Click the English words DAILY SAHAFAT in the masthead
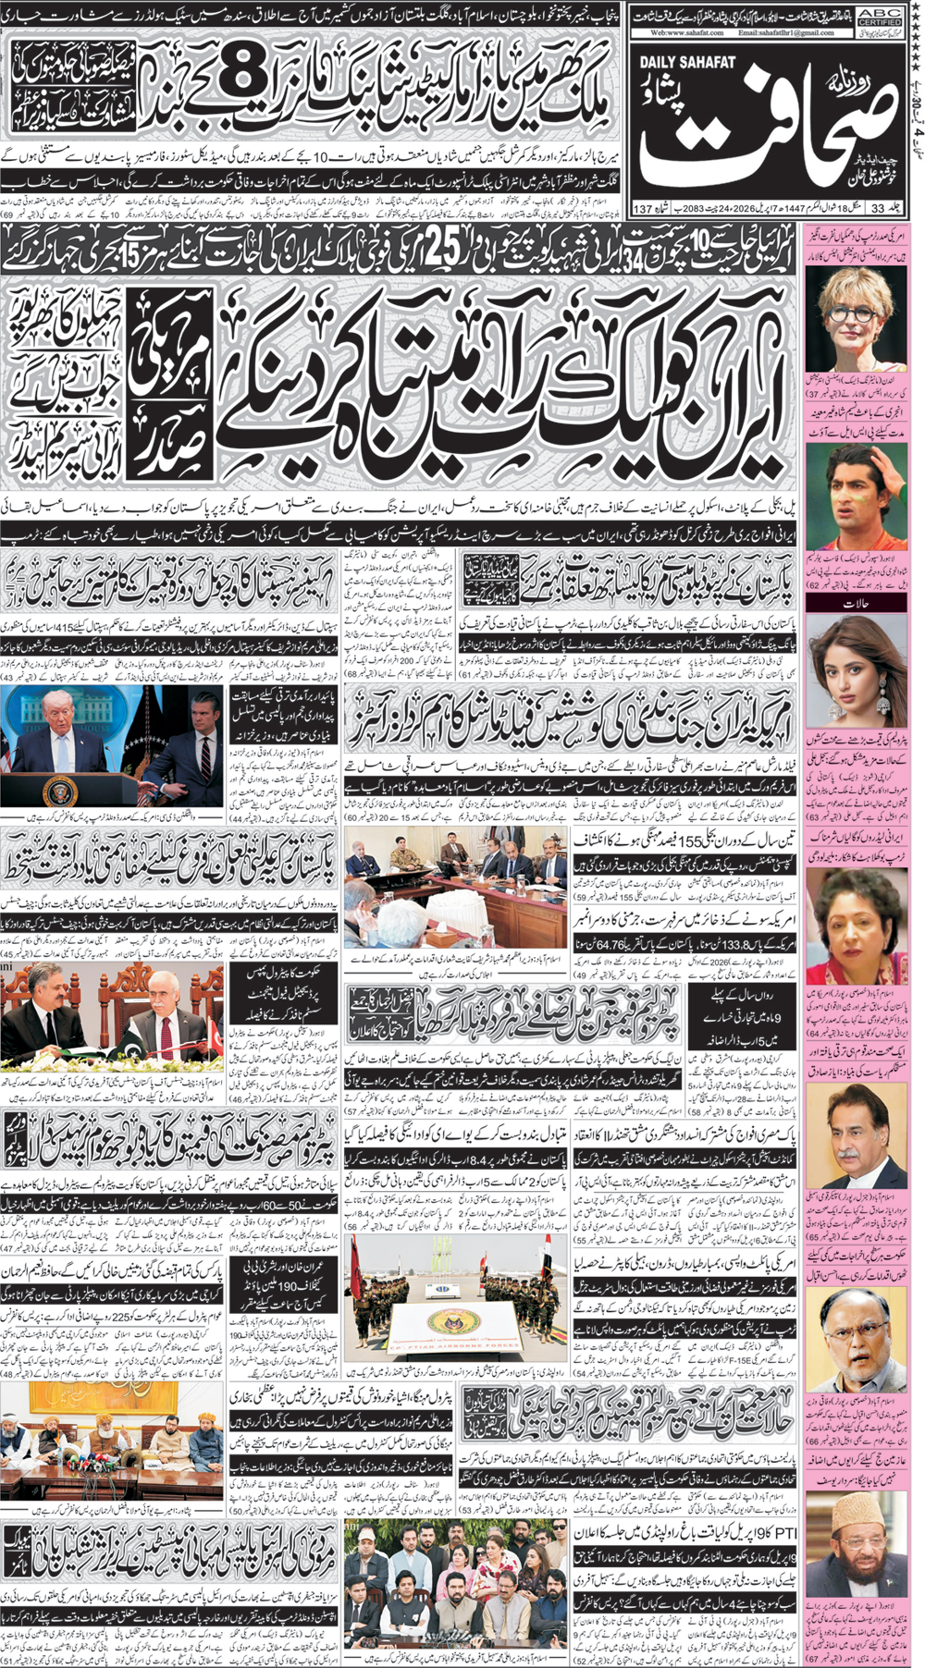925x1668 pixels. click(x=687, y=63)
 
